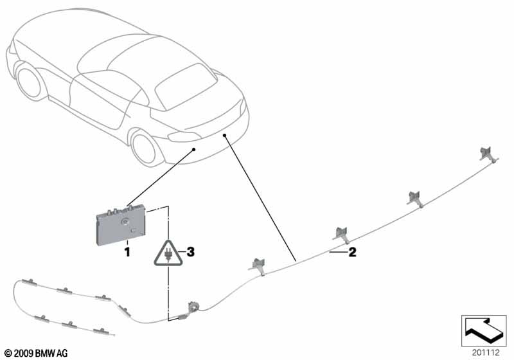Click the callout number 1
[x=127, y=252]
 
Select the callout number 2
[x=352, y=252]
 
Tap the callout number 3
[x=190, y=252]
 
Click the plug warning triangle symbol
[x=168, y=253]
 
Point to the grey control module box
[x=121, y=224]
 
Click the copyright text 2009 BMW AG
[x=37, y=353]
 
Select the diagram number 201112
[x=486, y=352]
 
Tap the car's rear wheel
[x=144, y=148]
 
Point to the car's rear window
[x=186, y=86]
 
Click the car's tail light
[x=184, y=136]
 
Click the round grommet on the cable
[x=194, y=307]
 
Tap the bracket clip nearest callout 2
[x=342, y=235]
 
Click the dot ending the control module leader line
[x=194, y=150]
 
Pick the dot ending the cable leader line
[x=224, y=135]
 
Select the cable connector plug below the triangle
[x=182, y=318]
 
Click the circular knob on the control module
[x=125, y=222]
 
